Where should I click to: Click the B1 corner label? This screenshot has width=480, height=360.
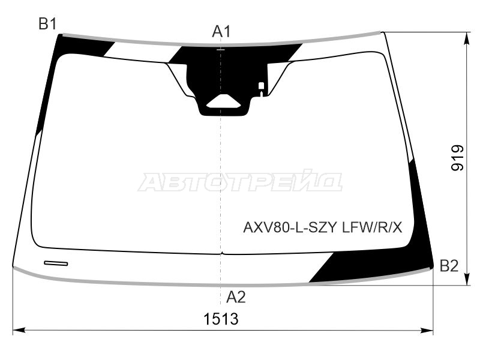tap(47, 24)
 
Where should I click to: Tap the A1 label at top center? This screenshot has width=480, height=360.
tap(221, 32)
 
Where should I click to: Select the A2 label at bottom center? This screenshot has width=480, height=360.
tap(236, 296)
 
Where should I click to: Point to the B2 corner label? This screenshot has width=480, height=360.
tap(449, 266)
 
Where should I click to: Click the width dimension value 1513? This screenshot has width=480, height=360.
tap(221, 319)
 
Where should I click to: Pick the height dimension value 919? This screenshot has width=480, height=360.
tap(457, 158)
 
